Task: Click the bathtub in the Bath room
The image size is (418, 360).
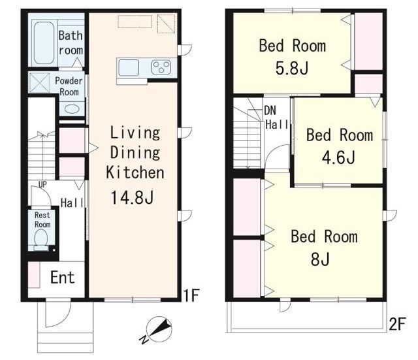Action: click(x=44, y=43)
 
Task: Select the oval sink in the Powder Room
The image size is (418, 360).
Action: click(x=72, y=109)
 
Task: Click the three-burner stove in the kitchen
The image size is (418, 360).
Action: click(x=161, y=67)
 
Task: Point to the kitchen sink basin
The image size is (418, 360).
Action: click(x=129, y=68)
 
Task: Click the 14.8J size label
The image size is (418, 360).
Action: click(x=132, y=197)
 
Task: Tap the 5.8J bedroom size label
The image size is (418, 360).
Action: click(x=292, y=68)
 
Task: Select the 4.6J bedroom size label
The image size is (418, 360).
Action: click(x=338, y=157)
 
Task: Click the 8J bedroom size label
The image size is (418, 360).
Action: click(x=320, y=259)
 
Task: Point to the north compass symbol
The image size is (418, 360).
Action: click(x=158, y=329)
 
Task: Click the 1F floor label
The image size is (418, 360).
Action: click(x=191, y=295)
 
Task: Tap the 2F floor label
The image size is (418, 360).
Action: click(x=397, y=323)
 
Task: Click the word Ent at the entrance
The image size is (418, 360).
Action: click(x=63, y=277)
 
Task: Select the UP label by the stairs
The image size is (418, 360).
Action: click(x=42, y=184)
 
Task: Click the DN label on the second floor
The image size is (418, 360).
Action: click(x=270, y=110)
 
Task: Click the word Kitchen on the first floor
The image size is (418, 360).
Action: click(x=135, y=172)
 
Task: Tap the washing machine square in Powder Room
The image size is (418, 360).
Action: click(x=39, y=83)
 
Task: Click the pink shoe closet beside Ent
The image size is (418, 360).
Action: click(x=34, y=275)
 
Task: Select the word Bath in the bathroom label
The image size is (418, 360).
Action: click(x=71, y=35)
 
